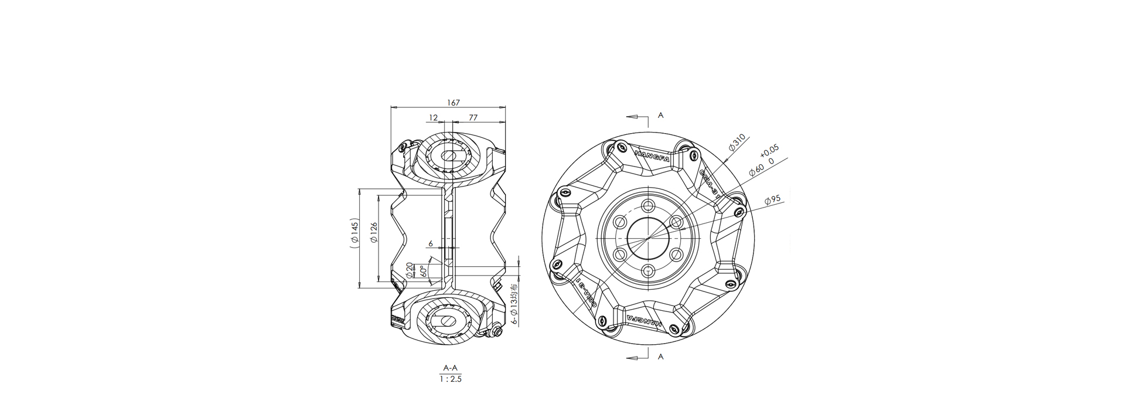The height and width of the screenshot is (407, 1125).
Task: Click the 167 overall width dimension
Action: point(454,103)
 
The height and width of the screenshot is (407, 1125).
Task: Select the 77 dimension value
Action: point(473,117)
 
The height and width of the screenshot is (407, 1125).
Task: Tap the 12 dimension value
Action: point(433,117)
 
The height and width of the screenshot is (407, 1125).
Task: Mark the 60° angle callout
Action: point(423,271)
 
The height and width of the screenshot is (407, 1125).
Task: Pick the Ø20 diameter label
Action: point(410,270)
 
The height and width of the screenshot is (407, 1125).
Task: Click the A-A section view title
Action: point(450,368)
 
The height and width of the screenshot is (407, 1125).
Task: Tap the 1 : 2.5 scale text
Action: point(451,379)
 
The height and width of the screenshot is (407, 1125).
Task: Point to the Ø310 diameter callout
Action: point(737,143)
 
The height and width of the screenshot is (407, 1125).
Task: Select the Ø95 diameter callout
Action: point(773,201)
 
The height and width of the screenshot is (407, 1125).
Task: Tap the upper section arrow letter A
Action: point(660,116)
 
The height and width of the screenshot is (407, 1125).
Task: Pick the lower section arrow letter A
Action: point(660,356)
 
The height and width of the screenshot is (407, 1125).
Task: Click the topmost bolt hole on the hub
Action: point(647,206)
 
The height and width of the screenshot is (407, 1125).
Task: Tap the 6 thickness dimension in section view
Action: point(431,243)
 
